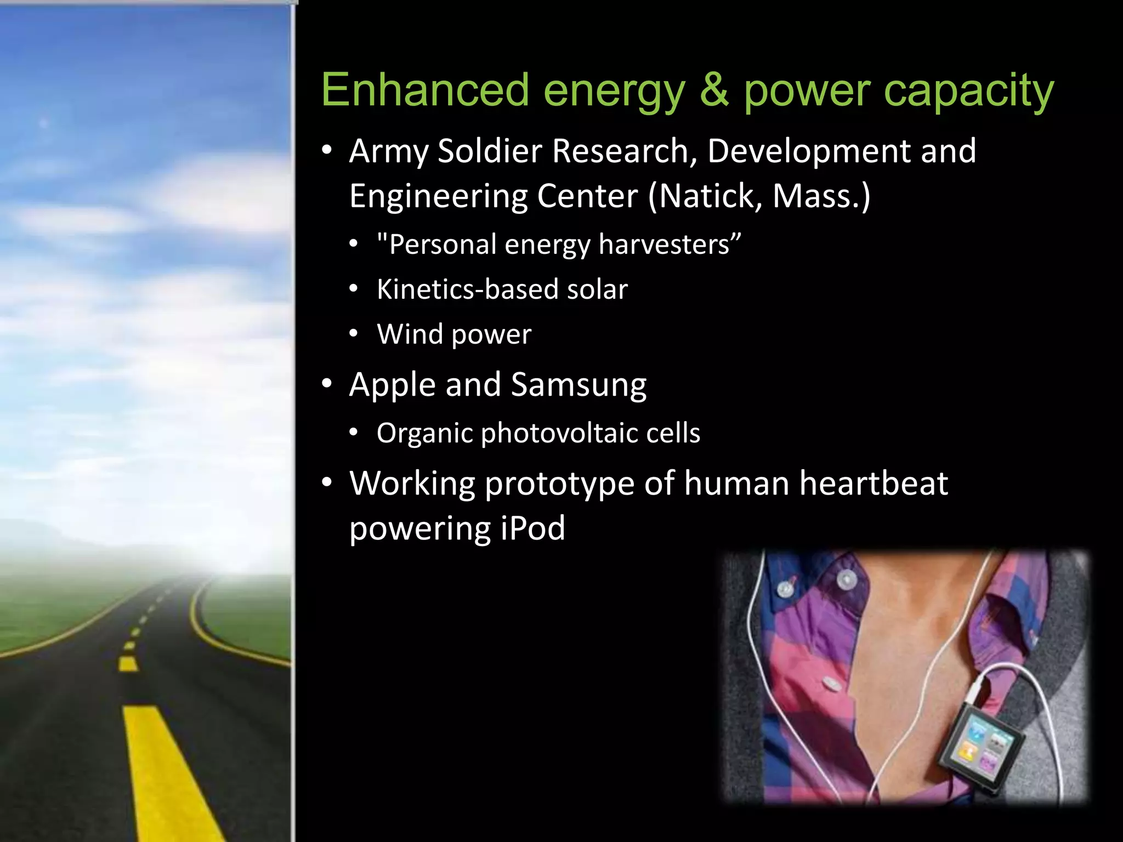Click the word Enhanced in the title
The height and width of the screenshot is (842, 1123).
pyautogui.click(x=425, y=90)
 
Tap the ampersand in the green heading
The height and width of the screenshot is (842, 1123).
pyautogui.click(x=714, y=90)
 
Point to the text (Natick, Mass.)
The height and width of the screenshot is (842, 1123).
pyautogui.click(x=759, y=196)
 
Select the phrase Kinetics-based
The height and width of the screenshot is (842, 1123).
pyautogui.click(x=467, y=289)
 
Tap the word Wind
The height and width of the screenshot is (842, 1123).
pyautogui.click(x=410, y=334)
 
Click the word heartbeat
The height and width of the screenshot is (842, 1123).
pyautogui.click(x=874, y=483)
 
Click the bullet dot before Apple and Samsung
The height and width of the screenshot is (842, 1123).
pyautogui.click(x=327, y=384)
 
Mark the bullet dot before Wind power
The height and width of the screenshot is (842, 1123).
pyautogui.click(x=354, y=333)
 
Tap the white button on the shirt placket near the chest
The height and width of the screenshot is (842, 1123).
pyautogui.click(x=832, y=684)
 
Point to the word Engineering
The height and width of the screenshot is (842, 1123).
pyautogui.click(x=439, y=196)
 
